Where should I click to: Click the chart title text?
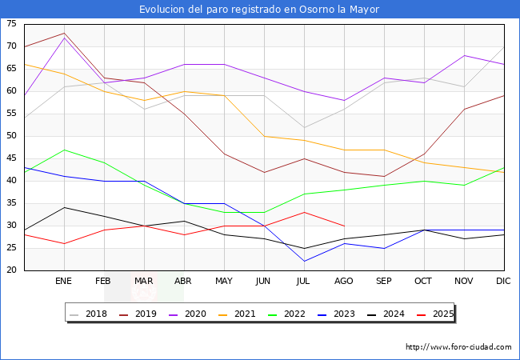[259, 10]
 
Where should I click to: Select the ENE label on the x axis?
[64, 282]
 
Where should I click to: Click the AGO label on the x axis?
[344, 282]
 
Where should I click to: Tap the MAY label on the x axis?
[224, 282]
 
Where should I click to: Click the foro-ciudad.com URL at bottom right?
[458, 347]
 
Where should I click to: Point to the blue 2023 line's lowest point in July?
[304, 261]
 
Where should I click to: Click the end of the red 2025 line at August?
[344, 226]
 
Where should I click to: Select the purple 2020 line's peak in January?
[64, 38]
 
